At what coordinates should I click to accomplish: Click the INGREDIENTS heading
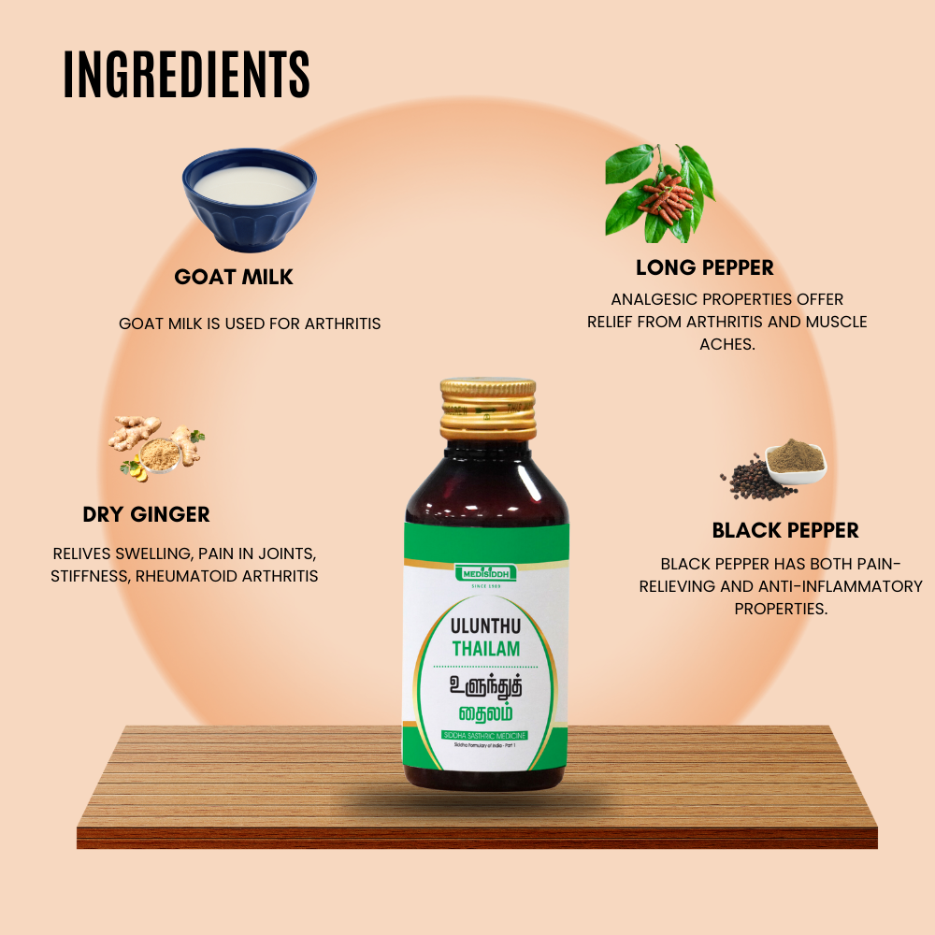[x=187, y=75]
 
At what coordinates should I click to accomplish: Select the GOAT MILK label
[x=234, y=277]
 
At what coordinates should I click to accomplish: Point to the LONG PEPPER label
[x=705, y=267]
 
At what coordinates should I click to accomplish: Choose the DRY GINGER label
[x=146, y=514]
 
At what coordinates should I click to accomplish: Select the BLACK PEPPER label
[x=785, y=530]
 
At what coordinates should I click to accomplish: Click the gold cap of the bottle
[x=489, y=409]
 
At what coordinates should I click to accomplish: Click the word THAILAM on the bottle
[x=486, y=649]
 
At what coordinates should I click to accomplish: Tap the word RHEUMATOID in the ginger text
[x=190, y=576]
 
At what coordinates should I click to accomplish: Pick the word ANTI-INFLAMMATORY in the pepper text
[x=831, y=586]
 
